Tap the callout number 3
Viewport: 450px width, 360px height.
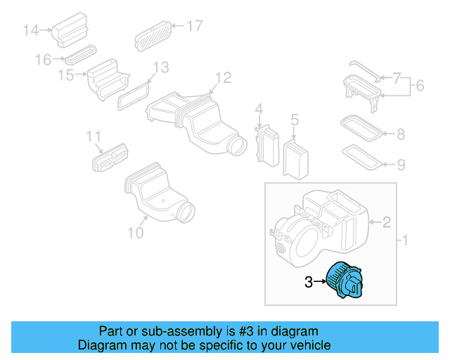point(308,283)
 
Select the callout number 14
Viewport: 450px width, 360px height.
point(30,30)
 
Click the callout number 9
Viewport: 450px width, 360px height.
point(400,165)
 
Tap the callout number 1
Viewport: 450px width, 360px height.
point(404,241)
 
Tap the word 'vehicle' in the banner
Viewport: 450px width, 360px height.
point(307,346)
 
